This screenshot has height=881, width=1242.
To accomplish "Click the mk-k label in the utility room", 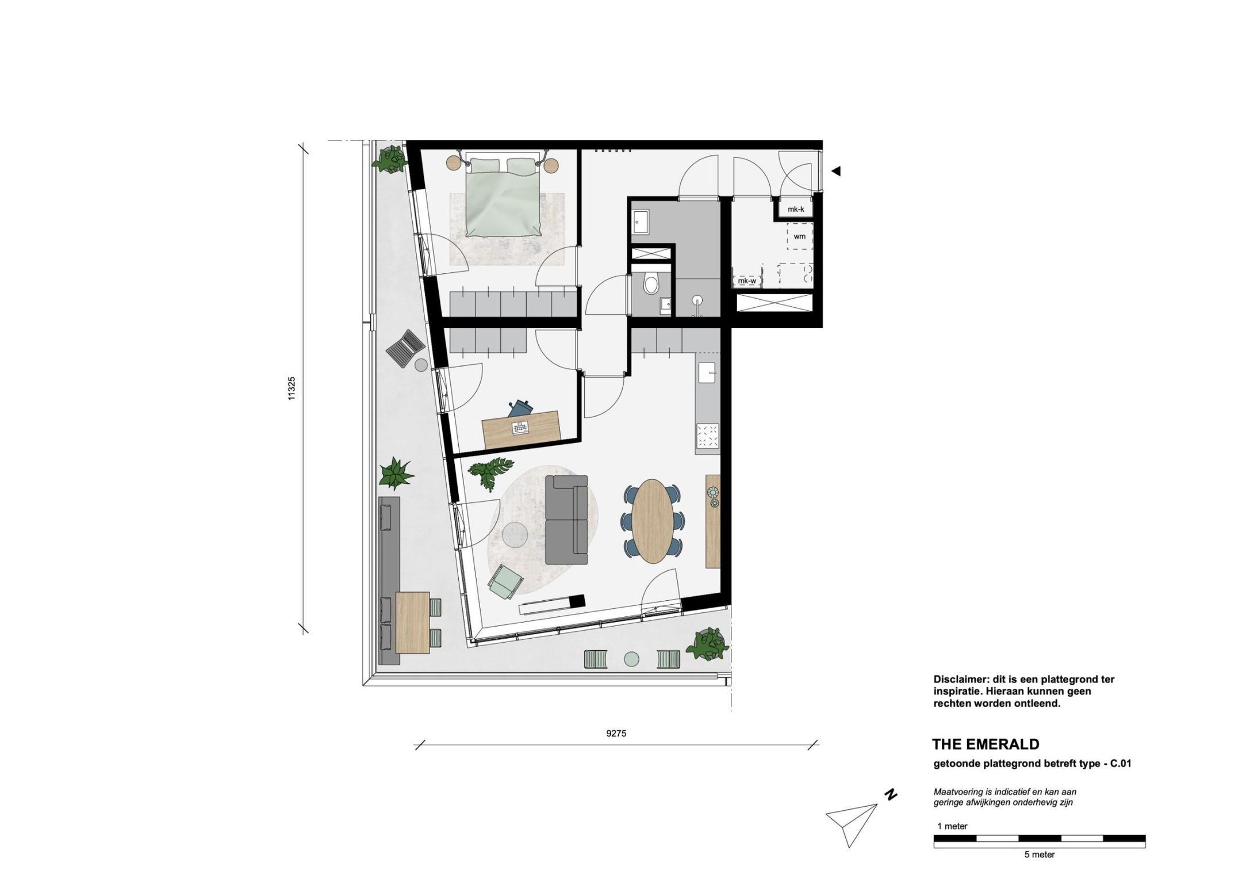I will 796,209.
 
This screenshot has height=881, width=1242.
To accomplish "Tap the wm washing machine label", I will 799,237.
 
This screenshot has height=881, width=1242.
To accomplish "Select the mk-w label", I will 747,281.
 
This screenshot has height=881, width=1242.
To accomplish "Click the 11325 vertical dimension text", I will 292,388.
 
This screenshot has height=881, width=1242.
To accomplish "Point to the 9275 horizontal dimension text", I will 616,734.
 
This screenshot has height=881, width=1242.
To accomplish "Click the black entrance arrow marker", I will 836,171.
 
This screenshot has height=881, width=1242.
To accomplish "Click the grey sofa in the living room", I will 566,520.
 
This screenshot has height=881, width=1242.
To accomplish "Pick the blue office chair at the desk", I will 521,408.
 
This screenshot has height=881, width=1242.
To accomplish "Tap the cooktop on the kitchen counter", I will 707,436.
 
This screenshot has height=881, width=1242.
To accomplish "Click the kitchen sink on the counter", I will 707,373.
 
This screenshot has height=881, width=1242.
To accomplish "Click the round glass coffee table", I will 515,535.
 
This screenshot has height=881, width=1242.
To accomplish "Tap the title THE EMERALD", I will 986,745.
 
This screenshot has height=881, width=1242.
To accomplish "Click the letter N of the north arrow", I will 891,795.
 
